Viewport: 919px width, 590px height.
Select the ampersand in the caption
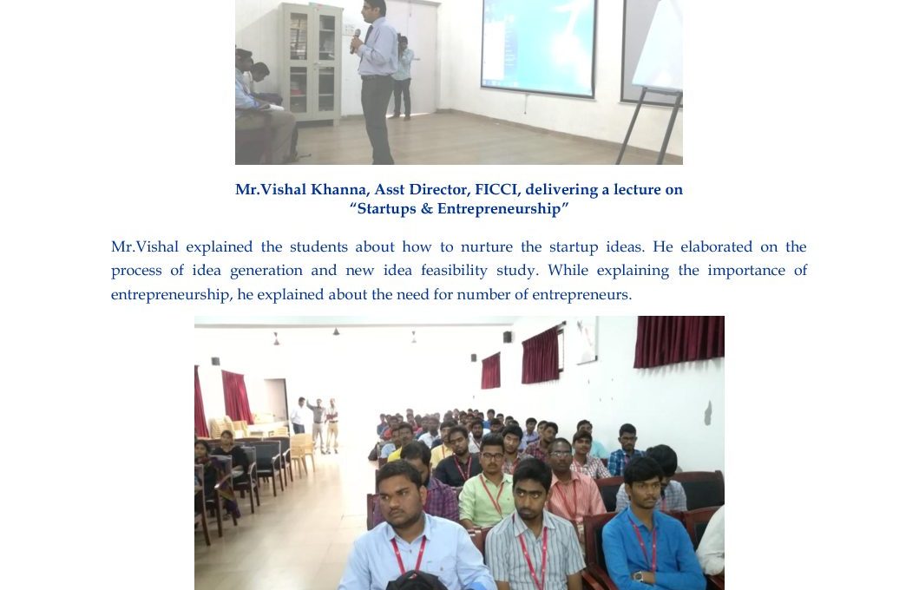pos(427,208)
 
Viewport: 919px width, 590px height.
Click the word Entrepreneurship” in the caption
pos(502,208)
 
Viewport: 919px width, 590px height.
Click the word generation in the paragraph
pos(266,271)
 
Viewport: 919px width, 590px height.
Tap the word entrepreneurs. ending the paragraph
pos(582,294)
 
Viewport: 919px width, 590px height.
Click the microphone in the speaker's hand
pos(355,41)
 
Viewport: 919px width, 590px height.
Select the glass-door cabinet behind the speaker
pos(311,62)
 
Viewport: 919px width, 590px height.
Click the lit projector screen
pos(539,47)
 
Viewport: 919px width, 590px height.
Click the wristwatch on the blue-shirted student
pos(638,576)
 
